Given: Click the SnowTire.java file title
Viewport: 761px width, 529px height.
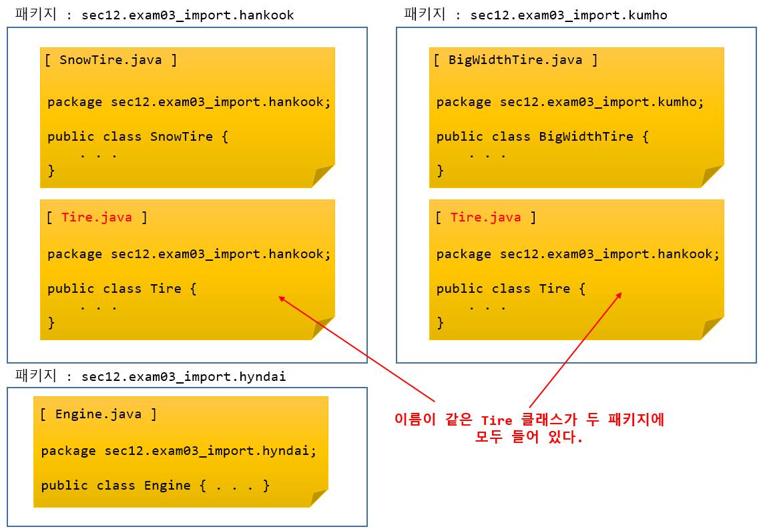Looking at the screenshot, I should pos(111,60).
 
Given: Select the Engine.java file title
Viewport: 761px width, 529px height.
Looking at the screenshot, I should pos(98,414).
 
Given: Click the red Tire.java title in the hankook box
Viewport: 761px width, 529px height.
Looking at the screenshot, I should pos(97,217).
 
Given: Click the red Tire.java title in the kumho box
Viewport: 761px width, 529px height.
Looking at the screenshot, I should pos(485,217).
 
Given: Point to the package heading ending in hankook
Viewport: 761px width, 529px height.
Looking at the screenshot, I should pos(154,15).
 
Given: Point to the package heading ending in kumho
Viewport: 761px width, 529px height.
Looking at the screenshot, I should pos(535,15).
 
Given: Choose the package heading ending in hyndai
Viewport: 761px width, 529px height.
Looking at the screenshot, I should pos(150,377).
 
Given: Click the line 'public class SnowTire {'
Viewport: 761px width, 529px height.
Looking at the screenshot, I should pos(138,137).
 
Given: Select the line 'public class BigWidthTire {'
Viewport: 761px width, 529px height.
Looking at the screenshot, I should pos(543,137).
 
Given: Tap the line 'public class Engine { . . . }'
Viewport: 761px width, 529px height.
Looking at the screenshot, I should pos(156,486).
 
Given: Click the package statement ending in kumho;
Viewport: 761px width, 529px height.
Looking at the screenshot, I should pos(570,102).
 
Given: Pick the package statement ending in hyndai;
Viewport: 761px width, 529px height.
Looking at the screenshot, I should pos(179,451).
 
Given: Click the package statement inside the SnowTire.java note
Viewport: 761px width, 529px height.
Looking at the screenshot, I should pos(189,102).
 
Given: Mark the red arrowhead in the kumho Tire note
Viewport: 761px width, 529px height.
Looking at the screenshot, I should pos(619,295).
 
